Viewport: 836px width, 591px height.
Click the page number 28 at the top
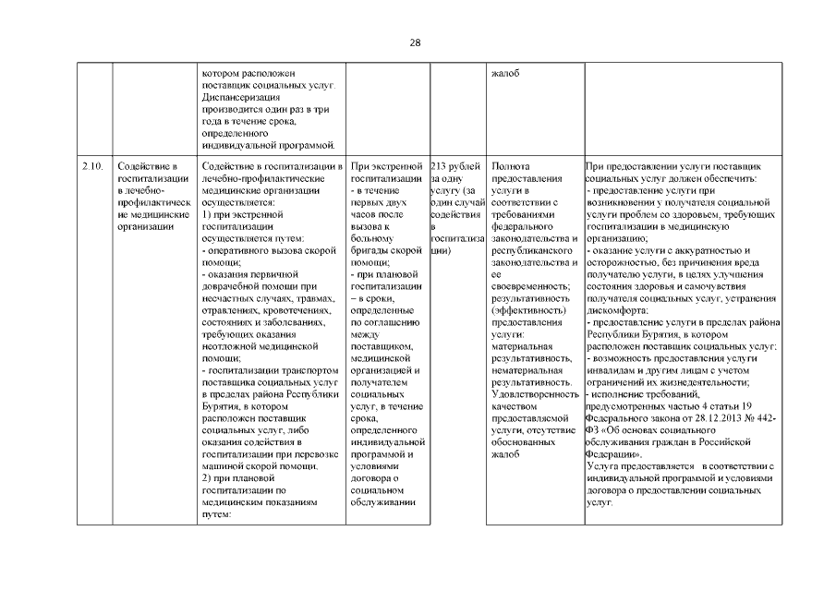pos(418,43)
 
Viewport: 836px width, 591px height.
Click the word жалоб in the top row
pos(505,73)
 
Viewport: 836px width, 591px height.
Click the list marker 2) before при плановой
pos(206,479)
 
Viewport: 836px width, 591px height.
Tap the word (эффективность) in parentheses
pos(523,310)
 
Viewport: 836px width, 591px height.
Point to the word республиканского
pos(535,250)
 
